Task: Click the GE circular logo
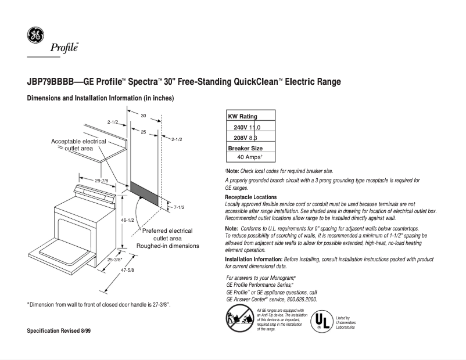pos(35,35)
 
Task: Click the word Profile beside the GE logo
pos(68,47)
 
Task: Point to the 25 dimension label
pos(143,132)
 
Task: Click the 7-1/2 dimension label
pos(178,207)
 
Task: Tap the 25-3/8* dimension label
pos(114,260)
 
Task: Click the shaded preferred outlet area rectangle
pos(144,193)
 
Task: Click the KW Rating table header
pos(242,117)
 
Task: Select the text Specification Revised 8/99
pos(59,330)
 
